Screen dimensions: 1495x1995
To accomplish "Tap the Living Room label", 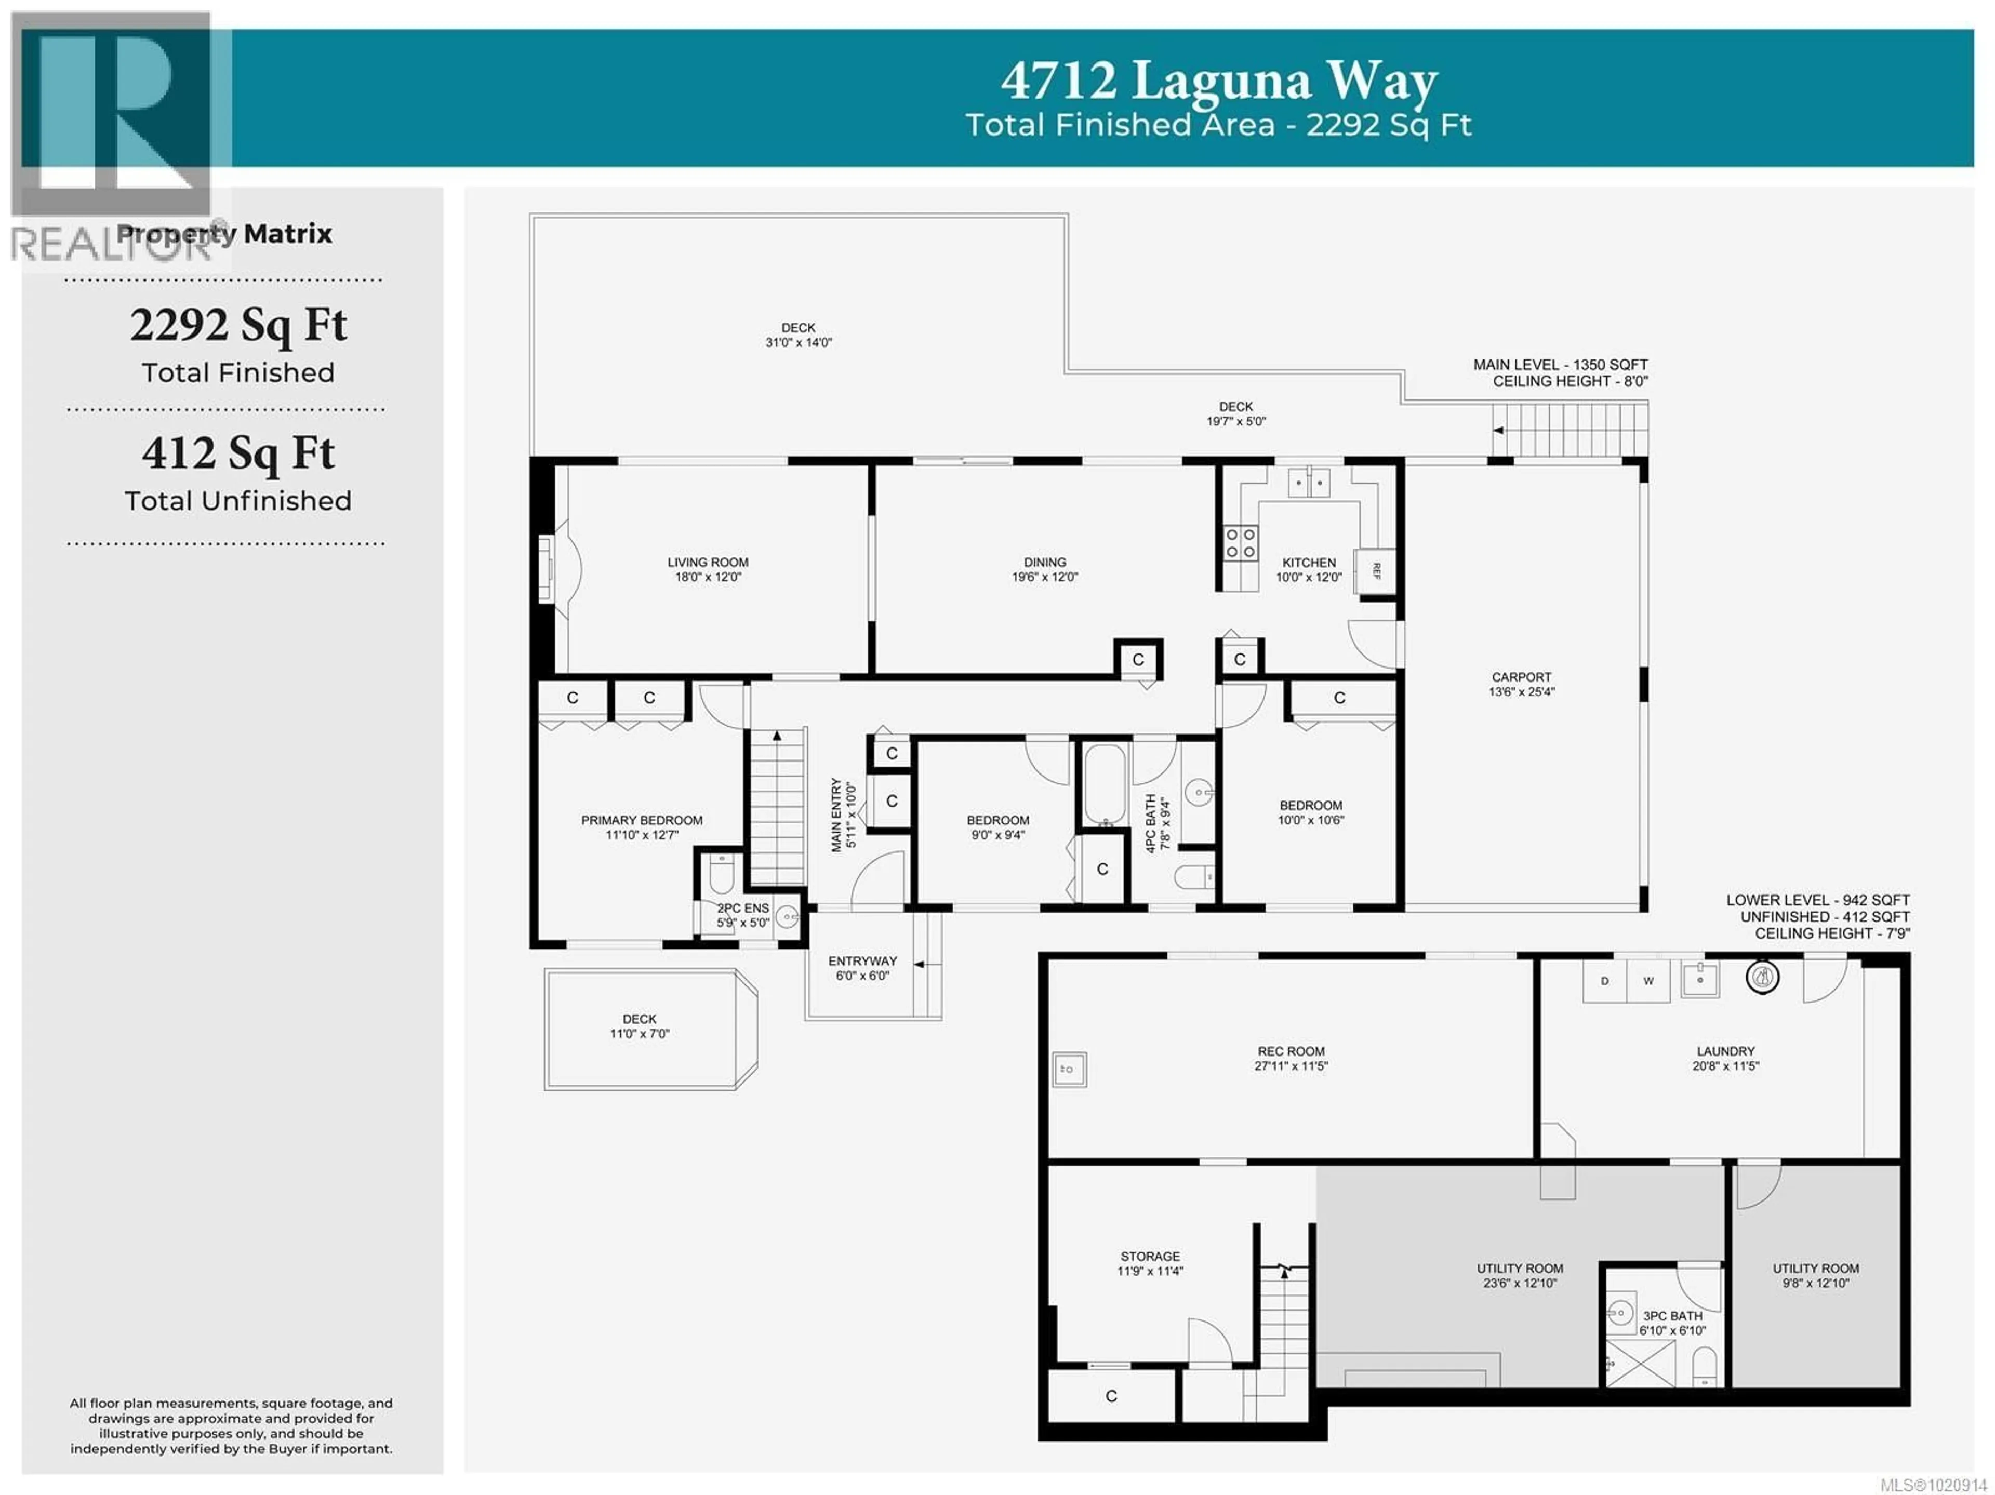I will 708,562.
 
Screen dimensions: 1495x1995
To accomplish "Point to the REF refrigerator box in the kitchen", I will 1375,571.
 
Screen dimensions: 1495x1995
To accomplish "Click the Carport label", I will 1522,677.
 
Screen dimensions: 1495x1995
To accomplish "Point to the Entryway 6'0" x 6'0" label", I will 862,968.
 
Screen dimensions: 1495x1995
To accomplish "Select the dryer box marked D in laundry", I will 1604,981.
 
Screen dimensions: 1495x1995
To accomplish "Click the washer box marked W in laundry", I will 1648,981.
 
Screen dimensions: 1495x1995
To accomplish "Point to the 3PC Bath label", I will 1672,1316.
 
